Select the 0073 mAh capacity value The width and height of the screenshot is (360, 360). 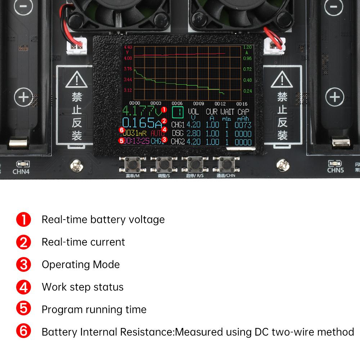243,125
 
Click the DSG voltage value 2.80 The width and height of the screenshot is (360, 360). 193,133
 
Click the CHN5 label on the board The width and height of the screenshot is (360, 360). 335,170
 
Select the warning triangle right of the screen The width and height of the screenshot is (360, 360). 282,80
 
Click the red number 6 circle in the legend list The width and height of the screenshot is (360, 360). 24,332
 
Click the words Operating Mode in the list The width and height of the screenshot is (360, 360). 81,264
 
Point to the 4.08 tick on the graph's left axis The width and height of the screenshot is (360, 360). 128,58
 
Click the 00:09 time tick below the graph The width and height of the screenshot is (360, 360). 199,103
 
